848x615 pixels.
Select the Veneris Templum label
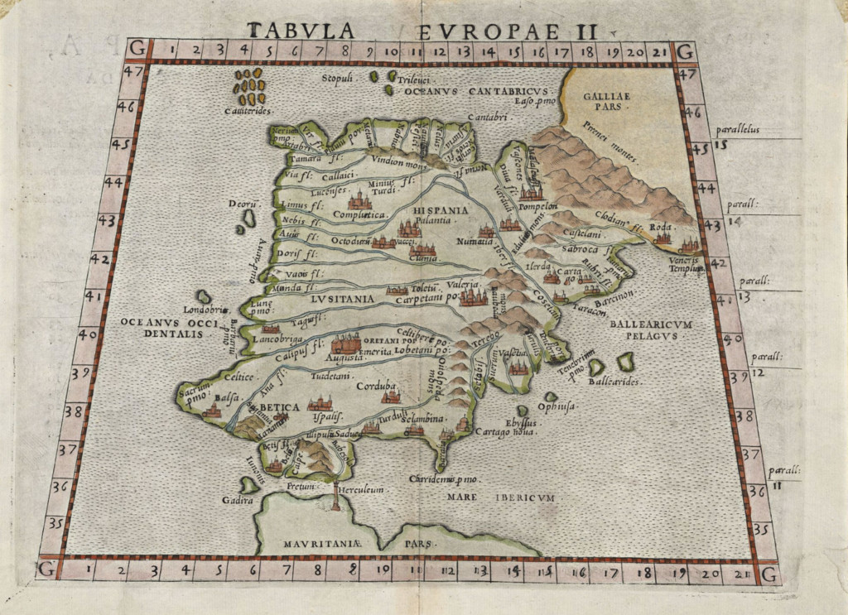click(x=684, y=265)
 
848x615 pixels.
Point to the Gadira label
click(x=236, y=500)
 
